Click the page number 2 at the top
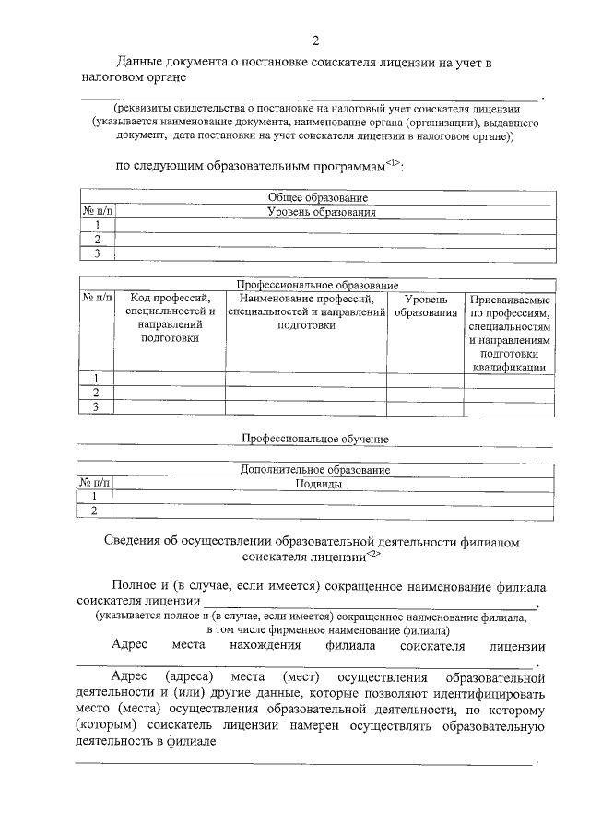coord(315,41)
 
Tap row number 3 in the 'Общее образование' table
coord(96,253)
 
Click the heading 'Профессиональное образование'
coord(318,286)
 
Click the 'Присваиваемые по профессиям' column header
coord(510,333)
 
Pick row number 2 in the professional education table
coord(96,393)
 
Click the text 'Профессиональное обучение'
coord(314,439)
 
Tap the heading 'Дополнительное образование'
coord(315,470)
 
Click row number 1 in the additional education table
coord(94,497)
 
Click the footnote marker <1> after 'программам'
coord(392,163)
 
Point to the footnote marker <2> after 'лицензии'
coord(372,554)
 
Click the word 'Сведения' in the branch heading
coord(131,540)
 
